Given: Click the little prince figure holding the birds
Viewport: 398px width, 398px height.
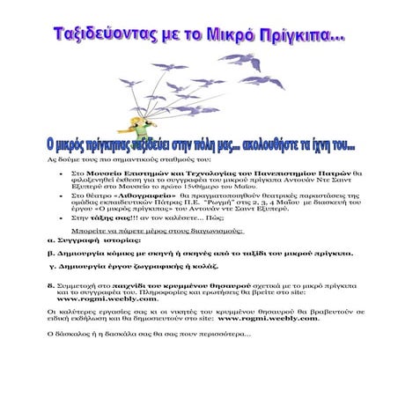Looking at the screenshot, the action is tap(115, 119).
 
